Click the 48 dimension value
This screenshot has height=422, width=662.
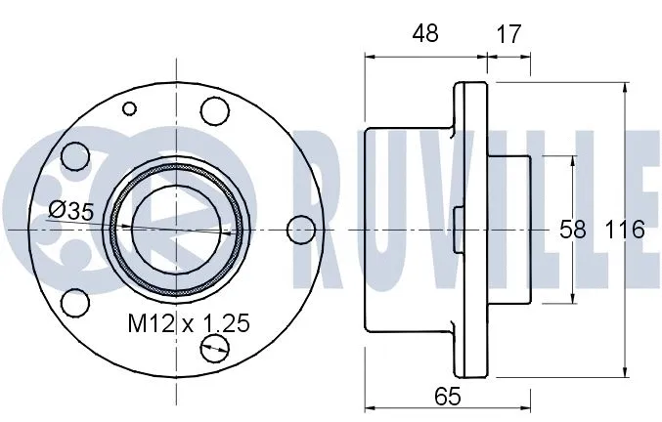click(425, 32)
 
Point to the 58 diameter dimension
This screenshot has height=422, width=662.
click(572, 230)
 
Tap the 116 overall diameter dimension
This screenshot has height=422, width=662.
click(624, 230)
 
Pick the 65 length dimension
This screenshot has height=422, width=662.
click(445, 396)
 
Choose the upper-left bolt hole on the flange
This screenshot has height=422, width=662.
click(72, 156)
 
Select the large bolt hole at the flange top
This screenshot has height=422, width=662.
click(213, 109)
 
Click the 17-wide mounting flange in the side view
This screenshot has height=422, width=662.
click(474, 230)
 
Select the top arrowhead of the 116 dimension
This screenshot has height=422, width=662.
click(624, 88)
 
